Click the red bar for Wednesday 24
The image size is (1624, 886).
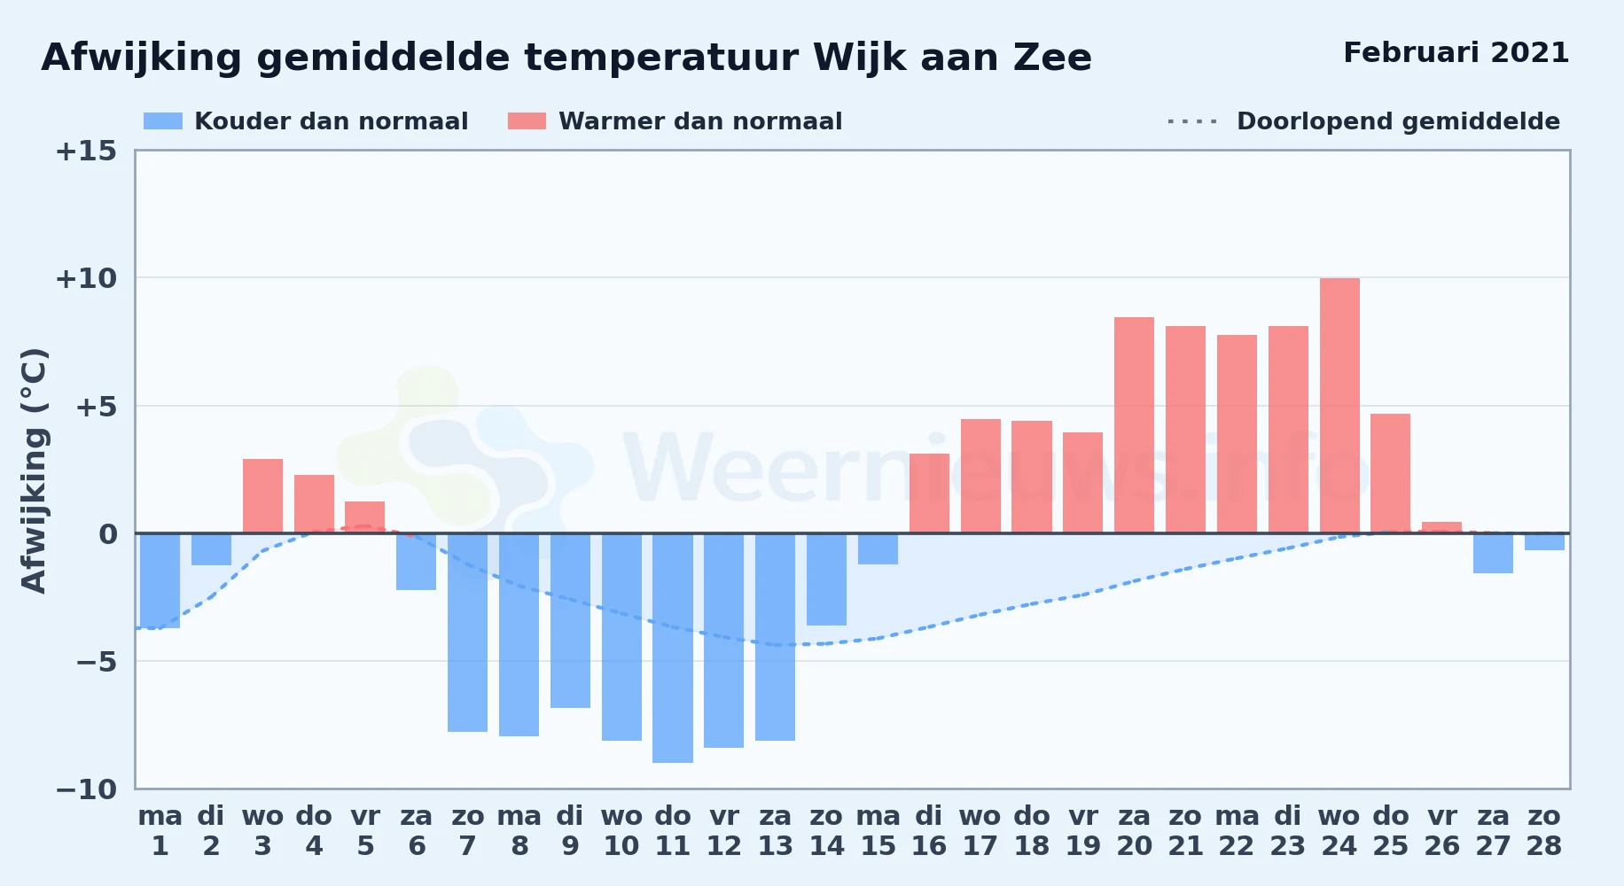[1339, 406]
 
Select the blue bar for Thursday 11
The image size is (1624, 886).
[673, 648]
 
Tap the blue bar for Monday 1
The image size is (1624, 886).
[160, 580]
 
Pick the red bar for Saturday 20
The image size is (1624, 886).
[1134, 425]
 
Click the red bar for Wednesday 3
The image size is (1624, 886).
[262, 496]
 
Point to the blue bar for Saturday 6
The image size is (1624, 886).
[416, 562]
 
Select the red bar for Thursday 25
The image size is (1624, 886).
[1390, 473]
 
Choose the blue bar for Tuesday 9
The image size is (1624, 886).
[570, 620]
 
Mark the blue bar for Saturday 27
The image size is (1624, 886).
[1493, 553]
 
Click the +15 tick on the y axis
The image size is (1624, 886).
[86, 151]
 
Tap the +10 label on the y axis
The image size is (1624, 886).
[86, 278]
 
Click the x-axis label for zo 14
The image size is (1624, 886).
[826, 831]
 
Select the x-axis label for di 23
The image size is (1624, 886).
[1287, 831]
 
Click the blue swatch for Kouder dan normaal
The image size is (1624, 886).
[163, 121]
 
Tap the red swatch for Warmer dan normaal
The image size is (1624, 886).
[527, 121]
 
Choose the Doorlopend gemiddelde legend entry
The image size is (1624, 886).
[1364, 121]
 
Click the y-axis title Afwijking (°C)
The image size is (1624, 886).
[34, 470]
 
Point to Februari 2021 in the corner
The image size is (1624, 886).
[1456, 52]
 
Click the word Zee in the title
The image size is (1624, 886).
[1053, 58]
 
